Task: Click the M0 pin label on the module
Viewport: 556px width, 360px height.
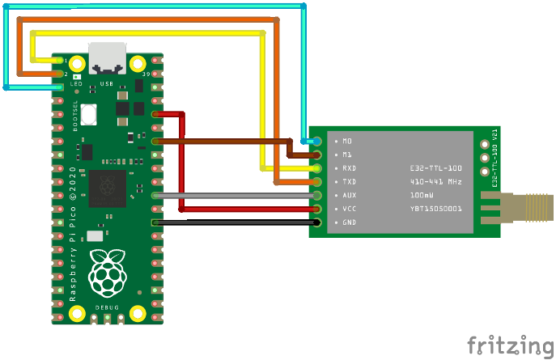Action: click(x=347, y=141)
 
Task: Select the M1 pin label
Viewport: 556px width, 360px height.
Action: click(x=347, y=155)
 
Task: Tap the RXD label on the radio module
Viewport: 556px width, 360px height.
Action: click(x=349, y=168)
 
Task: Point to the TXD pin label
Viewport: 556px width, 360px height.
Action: click(x=349, y=182)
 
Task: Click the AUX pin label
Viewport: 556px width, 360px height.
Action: click(x=349, y=196)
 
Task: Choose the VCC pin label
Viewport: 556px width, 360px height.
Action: click(x=349, y=209)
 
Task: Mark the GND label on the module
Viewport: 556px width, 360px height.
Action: click(x=349, y=222)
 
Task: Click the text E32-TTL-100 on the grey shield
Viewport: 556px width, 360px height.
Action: click(x=435, y=168)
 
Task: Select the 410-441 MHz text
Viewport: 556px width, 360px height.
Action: click(x=435, y=182)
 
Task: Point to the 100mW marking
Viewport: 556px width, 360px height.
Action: click(x=422, y=196)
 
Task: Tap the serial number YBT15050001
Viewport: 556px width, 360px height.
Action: click(x=435, y=209)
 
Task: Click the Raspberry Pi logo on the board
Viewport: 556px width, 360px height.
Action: click(x=107, y=271)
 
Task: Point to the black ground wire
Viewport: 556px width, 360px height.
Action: click(x=235, y=222)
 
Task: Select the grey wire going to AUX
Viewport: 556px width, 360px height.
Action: click(x=235, y=195)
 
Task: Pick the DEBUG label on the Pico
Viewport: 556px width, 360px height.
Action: click(x=107, y=308)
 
